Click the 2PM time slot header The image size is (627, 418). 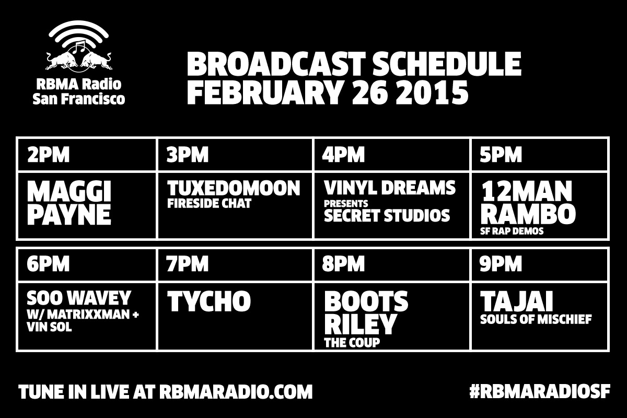pyautogui.click(x=48, y=155)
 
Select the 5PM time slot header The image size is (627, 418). pyautogui.click(x=501, y=155)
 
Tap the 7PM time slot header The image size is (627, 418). pyautogui.click(x=187, y=264)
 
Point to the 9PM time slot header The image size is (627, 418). pyautogui.click(x=501, y=264)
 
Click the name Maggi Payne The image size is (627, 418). pyautogui.click(x=69, y=203)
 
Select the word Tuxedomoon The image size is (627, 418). pyautogui.click(x=234, y=188)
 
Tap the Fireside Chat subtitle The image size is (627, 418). pyautogui.click(x=209, y=204)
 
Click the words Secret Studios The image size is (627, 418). pyautogui.click(x=387, y=215)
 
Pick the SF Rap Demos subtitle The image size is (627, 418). pyautogui.click(x=512, y=231)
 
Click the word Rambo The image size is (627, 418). pyautogui.click(x=528, y=214)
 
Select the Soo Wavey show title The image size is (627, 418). pyautogui.click(x=79, y=298)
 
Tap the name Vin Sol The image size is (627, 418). pyautogui.click(x=49, y=327)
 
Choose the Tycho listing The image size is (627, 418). pyautogui.click(x=209, y=301)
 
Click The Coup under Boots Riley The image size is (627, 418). pyautogui.click(x=352, y=342)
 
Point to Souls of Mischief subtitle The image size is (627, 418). pyautogui.click(x=536, y=319)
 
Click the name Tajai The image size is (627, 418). pyautogui.click(x=517, y=301)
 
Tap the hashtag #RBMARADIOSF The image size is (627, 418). pyautogui.click(x=540, y=391)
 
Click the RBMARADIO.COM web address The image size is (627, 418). pyautogui.click(x=236, y=391)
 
